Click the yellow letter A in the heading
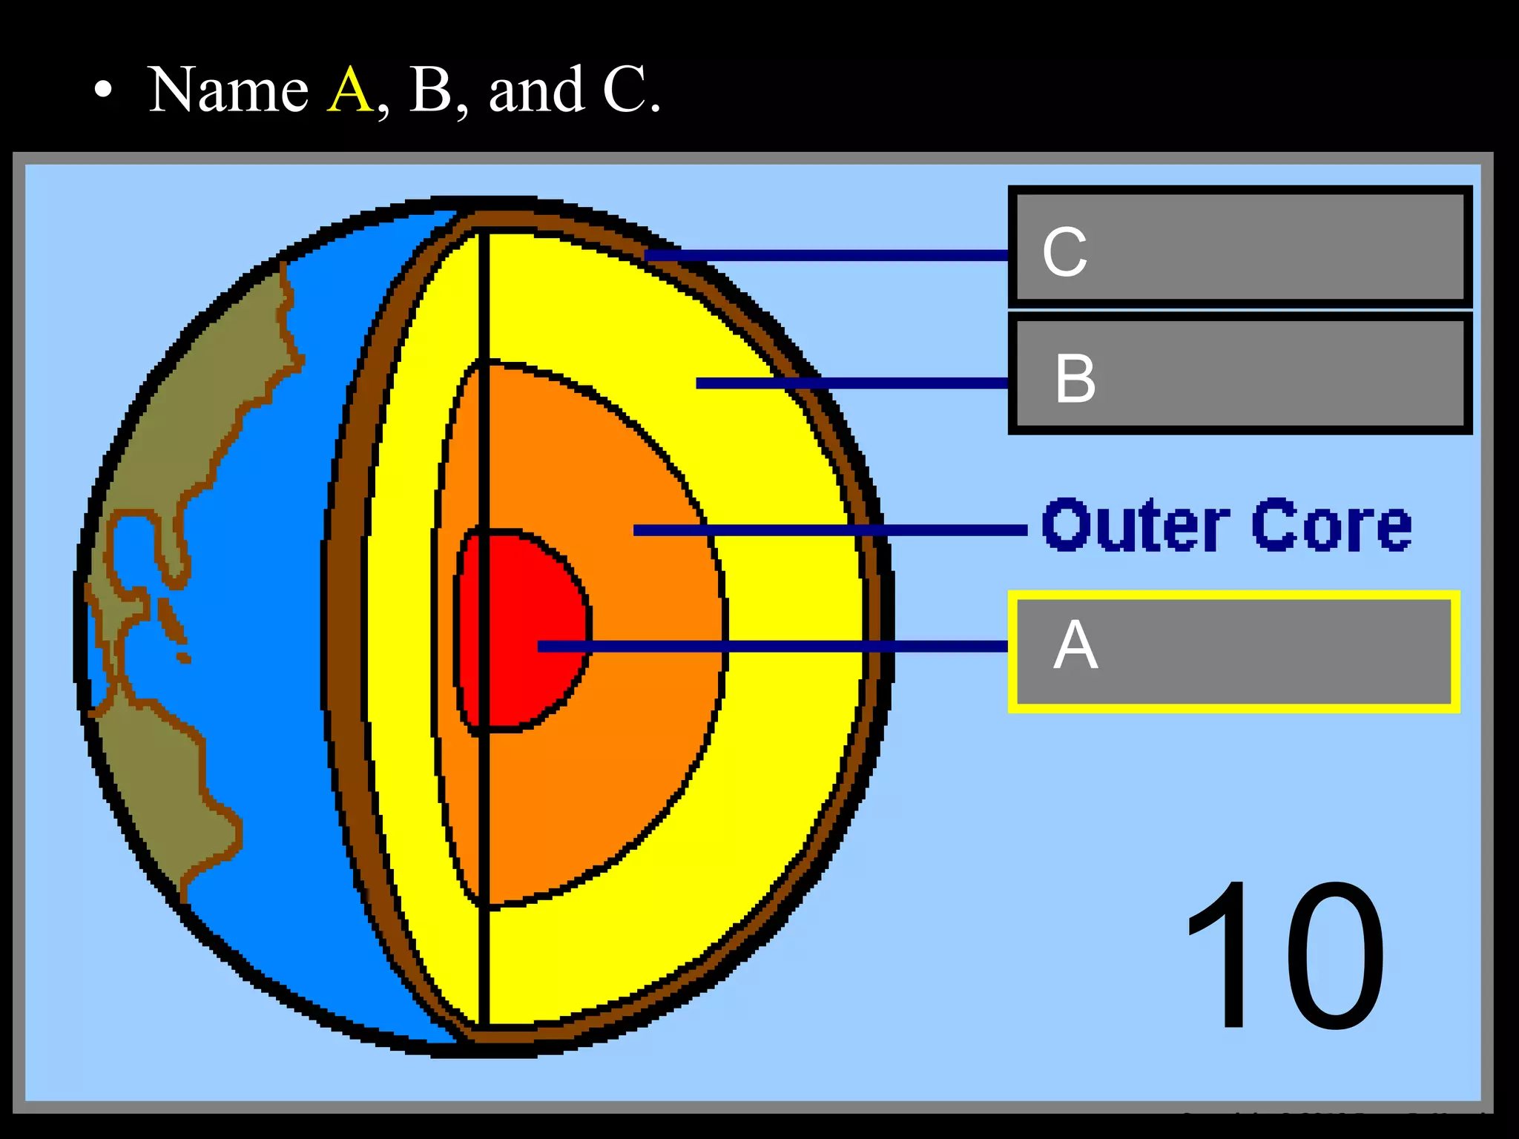tap(349, 90)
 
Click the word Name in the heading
tap(228, 90)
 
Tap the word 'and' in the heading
tap(536, 90)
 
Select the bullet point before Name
tap(104, 91)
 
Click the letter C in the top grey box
tap(1064, 252)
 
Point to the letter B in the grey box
tap(1075, 378)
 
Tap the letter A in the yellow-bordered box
tap(1075, 645)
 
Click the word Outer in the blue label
tap(1135, 525)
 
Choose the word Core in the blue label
tap(1331, 525)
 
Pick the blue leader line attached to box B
tap(853, 383)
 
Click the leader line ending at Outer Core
tap(831, 530)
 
